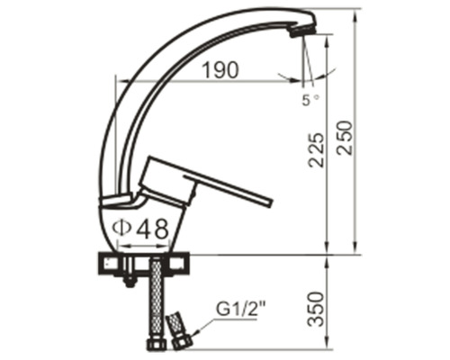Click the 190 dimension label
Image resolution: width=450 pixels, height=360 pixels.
[220, 70]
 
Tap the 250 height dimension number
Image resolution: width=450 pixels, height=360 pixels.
[344, 138]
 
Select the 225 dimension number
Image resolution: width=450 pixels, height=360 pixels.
[317, 150]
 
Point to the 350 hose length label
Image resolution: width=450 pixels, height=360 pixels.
[317, 310]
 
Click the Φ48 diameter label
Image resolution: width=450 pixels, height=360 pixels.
[140, 229]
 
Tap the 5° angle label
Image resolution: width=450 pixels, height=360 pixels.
[310, 100]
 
